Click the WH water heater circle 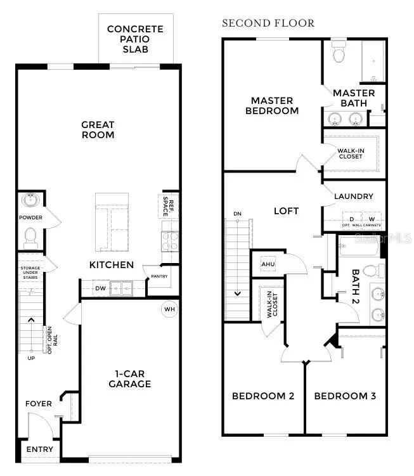(x=169, y=310)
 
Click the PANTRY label (x=159, y=277)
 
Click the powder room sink (x=30, y=201)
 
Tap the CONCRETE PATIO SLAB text (x=135, y=39)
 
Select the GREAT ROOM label (x=98, y=130)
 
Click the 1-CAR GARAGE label (x=129, y=378)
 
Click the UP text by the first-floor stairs (x=31, y=358)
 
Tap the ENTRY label (x=39, y=449)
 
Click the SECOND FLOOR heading (x=268, y=23)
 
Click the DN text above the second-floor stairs (x=237, y=214)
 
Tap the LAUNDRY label (x=354, y=196)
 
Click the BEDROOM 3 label (x=345, y=396)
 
